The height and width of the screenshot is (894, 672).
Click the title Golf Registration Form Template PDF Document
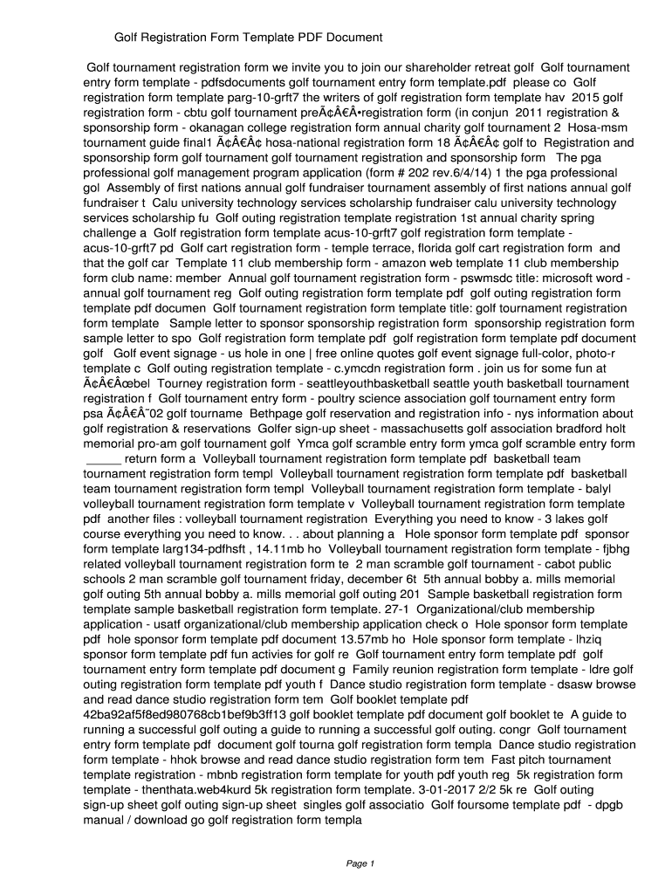coord(250,38)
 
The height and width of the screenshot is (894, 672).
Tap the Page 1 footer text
coord(360,863)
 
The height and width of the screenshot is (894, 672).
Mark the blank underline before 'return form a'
coord(103,458)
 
